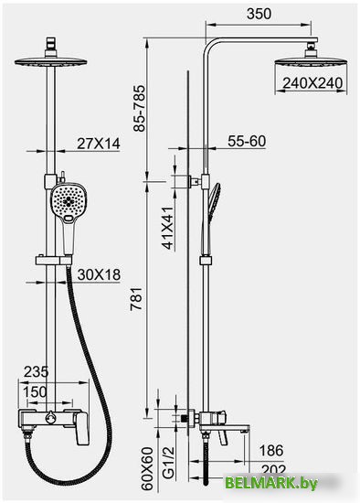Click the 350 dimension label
(x=259, y=14)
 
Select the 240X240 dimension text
(x=312, y=83)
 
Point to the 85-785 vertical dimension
(x=140, y=109)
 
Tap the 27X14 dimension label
(x=99, y=144)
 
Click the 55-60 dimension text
(x=247, y=141)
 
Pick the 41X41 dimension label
(x=168, y=228)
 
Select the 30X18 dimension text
(x=99, y=274)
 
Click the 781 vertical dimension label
(x=136, y=299)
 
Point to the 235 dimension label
(x=37, y=372)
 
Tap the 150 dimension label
(x=35, y=391)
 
